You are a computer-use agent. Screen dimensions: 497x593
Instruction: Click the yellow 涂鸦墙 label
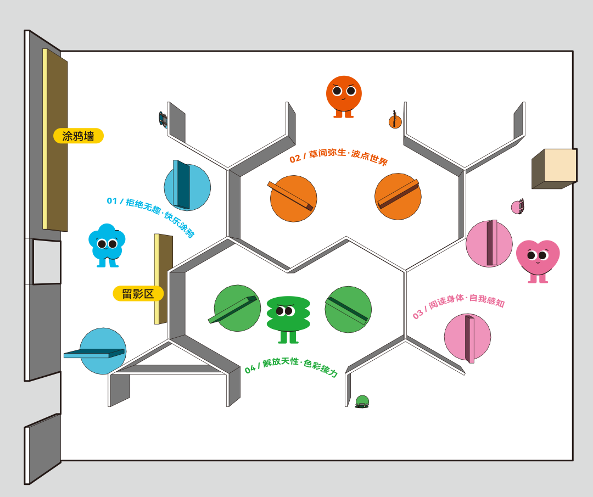[79, 136]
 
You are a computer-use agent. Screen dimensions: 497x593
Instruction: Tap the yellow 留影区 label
[138, 294]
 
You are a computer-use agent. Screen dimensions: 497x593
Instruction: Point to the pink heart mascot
[538, 259]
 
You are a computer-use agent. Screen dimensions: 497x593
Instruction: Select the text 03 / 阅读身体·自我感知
[458, 307]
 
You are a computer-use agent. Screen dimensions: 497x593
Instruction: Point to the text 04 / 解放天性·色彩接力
[291, 367]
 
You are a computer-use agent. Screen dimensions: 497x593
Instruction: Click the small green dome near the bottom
[362, 401]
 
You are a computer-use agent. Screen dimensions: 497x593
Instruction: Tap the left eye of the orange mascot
[337, 91]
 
